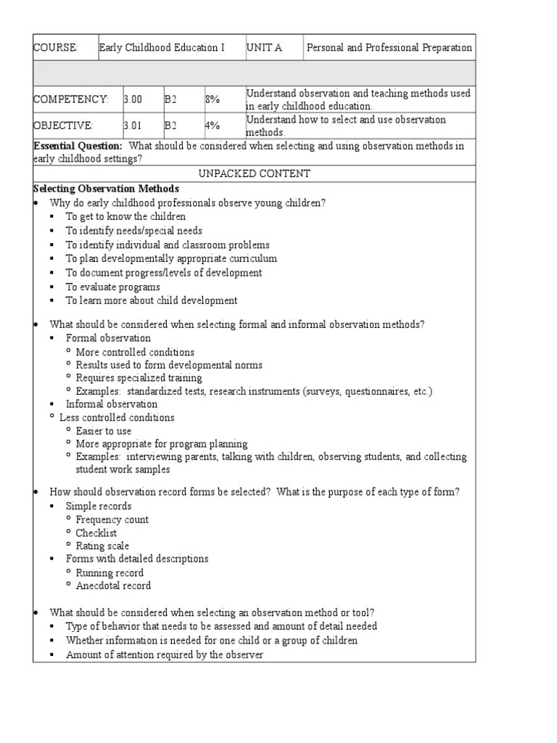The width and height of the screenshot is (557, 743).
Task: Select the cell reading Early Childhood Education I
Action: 162,48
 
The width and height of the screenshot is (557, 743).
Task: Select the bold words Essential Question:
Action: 78,146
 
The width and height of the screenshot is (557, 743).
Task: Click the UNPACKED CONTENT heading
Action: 254,173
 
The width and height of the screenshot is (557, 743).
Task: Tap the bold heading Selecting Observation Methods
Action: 106,189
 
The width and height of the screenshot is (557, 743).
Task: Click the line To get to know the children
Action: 125,216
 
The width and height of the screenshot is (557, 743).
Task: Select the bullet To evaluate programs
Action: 113,287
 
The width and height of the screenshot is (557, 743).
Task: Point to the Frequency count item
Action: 112,520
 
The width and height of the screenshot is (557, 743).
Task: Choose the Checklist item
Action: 96,533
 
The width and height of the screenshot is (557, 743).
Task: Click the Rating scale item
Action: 102,546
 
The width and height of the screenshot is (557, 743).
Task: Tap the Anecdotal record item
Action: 113,586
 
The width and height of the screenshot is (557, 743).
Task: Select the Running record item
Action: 110,572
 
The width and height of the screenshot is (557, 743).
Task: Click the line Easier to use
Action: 104,430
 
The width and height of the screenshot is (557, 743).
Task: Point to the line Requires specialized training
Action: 139,378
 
